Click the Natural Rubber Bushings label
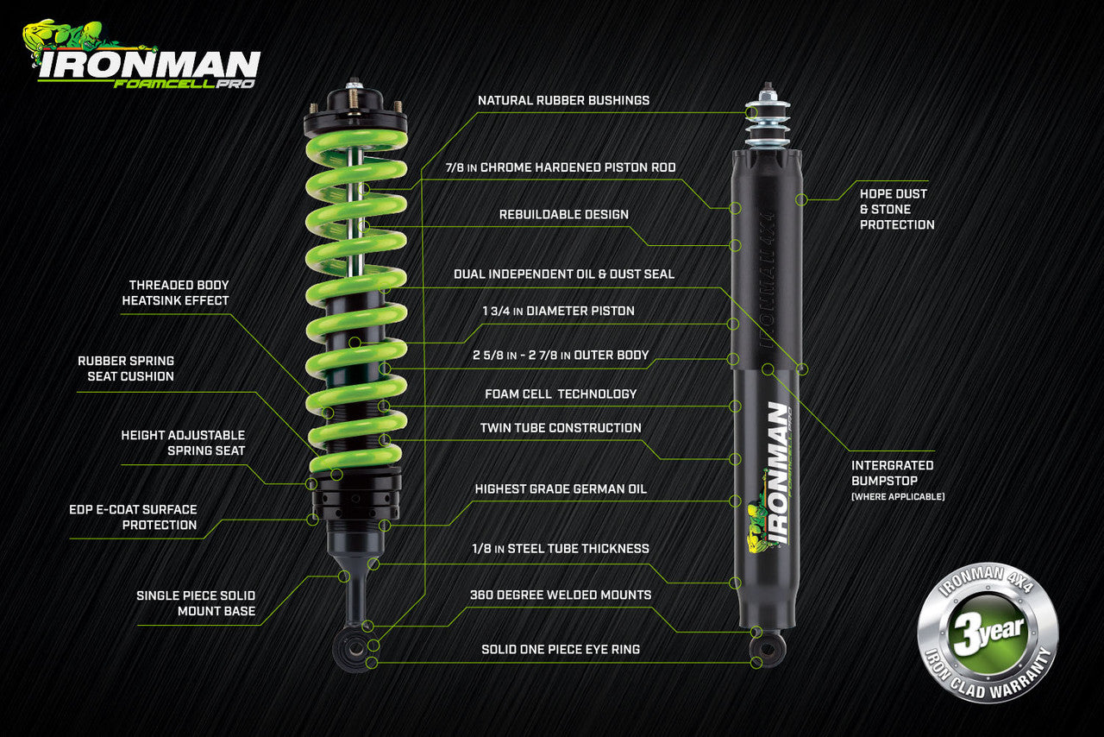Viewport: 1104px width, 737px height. click(563, 100)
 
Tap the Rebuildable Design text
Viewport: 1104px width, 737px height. click(563, 214)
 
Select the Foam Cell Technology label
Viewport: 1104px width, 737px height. click(561, 394)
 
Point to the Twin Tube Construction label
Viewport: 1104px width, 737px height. click(561, 427)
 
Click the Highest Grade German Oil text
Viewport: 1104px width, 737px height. click(561, 488)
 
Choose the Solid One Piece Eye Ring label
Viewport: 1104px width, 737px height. click(561, 648)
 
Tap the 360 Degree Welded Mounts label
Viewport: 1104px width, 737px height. click(561, 595)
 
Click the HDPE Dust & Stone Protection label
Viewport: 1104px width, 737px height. click(896, 209)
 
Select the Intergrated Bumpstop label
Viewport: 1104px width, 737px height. click(892, 473)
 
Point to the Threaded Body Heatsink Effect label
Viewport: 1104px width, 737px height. click(179, 293)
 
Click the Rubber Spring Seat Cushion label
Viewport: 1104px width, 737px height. click(126, 368)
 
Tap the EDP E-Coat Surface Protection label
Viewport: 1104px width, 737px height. click(133, 517)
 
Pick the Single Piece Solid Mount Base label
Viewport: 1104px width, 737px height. click(195, 603)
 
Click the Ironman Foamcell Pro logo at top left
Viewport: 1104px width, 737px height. click(142, 55)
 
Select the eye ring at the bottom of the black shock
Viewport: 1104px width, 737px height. click(767, 647)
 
